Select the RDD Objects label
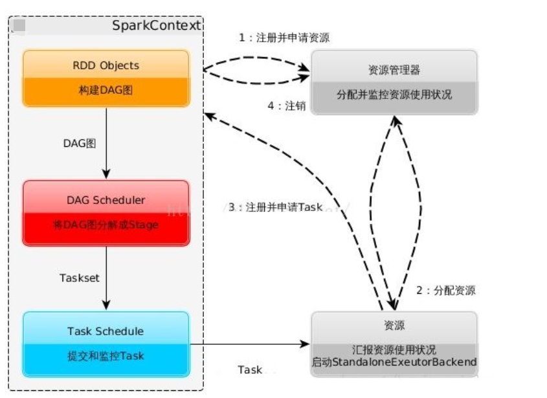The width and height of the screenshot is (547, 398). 106,65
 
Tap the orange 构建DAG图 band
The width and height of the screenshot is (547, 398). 106,91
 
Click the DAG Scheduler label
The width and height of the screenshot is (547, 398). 106,200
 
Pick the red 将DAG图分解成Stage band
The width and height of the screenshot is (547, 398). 106,225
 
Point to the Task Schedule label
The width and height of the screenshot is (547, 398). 106,331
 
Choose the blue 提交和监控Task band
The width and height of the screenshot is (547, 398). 106,355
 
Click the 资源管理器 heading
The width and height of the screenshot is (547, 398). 394,70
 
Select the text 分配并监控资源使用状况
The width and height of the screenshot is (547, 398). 394,94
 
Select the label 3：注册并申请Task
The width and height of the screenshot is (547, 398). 275,207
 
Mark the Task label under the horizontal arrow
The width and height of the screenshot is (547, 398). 250,370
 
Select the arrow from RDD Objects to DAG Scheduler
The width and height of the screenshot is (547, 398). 106,142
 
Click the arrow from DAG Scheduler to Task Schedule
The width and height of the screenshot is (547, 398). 106,278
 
